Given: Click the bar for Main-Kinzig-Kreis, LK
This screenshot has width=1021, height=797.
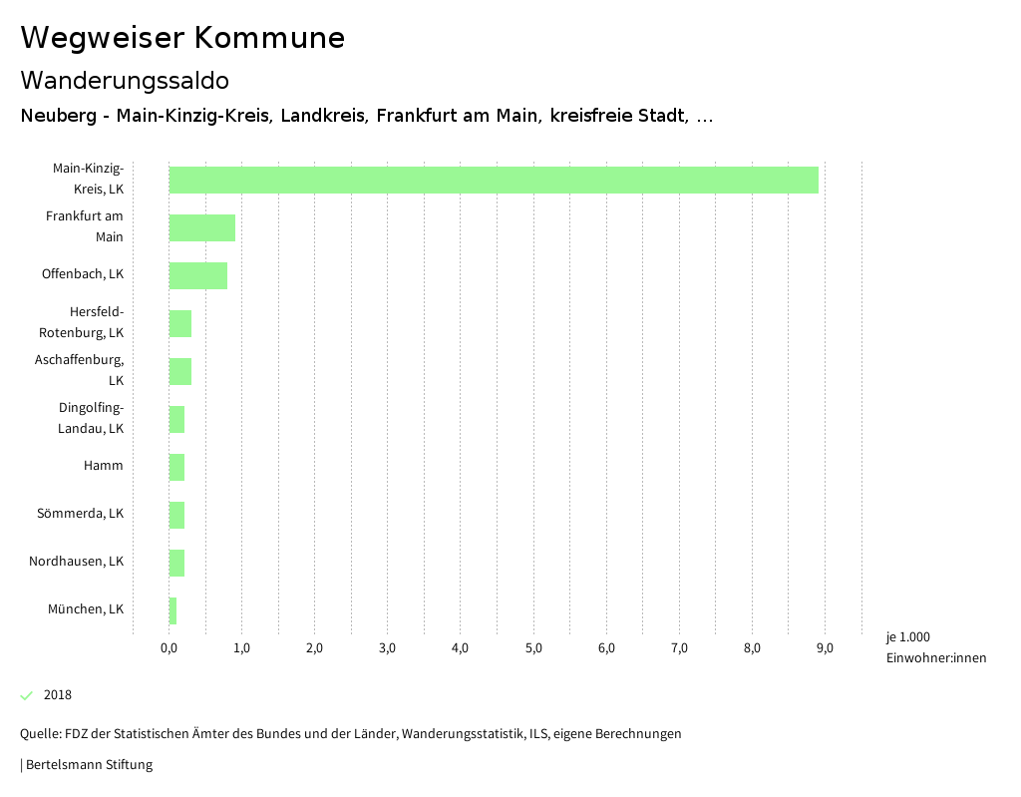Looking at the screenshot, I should coord(494,180).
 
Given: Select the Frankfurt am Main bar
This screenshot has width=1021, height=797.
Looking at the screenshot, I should coord(201,227).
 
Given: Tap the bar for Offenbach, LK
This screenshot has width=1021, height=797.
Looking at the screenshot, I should coord(197,275).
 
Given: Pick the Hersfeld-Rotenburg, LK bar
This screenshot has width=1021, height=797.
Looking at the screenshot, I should coord(179,323).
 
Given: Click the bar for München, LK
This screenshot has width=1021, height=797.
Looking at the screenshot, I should coord(172,610).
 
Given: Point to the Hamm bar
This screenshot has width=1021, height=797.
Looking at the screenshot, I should coord(176,467).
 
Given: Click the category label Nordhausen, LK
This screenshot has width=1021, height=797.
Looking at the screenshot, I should coord(76,562).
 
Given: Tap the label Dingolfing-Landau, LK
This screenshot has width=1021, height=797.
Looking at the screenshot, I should coord(91,418).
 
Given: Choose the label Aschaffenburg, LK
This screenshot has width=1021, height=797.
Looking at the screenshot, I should coord(80,370).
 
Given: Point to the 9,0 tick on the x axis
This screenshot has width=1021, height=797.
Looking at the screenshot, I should coord(825,648).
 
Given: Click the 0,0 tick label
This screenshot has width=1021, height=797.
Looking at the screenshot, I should coord(169,648).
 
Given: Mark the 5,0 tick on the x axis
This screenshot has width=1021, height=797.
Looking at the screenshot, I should coord(533,648).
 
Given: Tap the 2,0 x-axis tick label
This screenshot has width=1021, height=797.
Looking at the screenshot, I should coord(314,648).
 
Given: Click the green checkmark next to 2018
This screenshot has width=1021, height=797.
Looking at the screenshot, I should coord(27,695).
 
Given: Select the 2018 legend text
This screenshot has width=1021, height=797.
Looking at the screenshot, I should coord(58,695).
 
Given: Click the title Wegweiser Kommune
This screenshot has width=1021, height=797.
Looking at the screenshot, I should coord(182,38).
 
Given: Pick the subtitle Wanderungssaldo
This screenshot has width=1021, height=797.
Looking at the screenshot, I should coord(125,80).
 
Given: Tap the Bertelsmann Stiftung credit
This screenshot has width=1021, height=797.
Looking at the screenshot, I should coord(88,765).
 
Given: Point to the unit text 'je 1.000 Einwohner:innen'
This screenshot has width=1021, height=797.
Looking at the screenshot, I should coord(935,647).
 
